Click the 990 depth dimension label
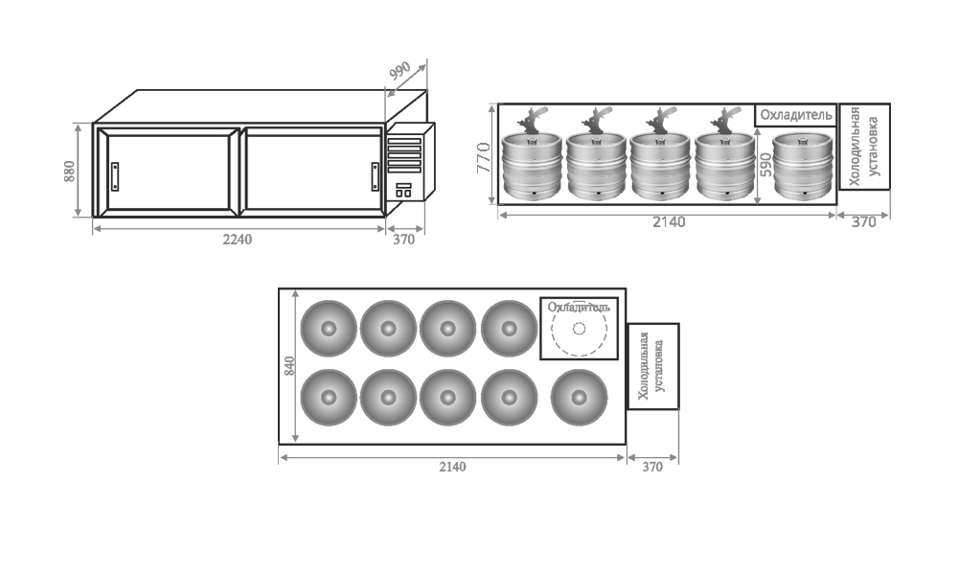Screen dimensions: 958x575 (400, 71)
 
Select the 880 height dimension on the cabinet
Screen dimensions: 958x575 (69, 172)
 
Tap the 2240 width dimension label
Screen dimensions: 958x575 (237, 240)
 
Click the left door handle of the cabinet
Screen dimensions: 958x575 (115, 176)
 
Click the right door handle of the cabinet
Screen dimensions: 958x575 (376, 176)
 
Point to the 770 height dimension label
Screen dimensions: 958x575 (483, 157)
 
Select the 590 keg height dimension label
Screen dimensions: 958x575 (765, 166)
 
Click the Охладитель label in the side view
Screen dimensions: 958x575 (796, 115)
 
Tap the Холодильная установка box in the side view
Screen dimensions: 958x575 (864, 147)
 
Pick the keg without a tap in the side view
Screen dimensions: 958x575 (803, 166)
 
